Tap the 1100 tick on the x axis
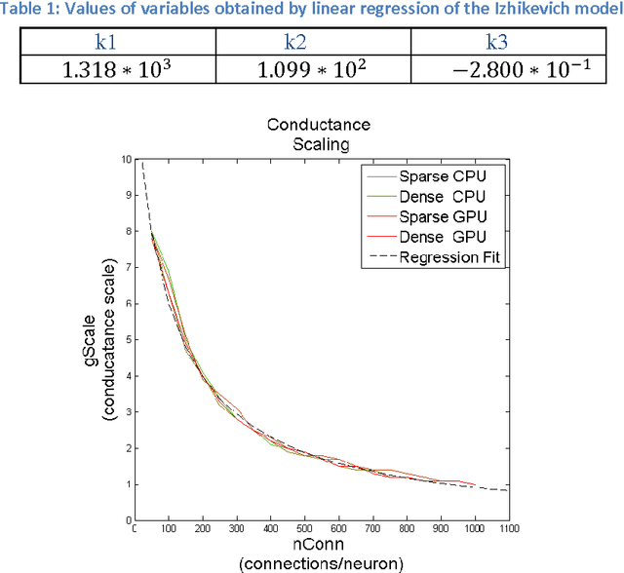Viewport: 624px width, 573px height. (509, 530)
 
